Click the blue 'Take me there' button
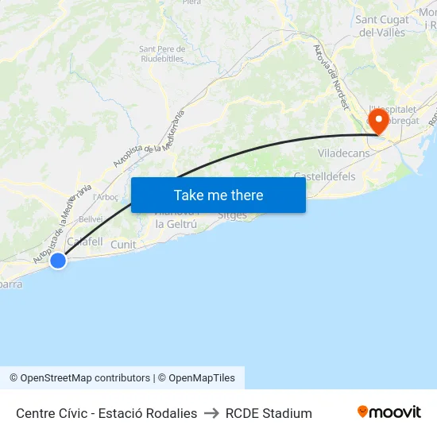tap(218, 195)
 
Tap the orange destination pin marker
tap(378, 122)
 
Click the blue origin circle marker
tap(57, 260)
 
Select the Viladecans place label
tap(342, 153)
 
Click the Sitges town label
tap(232, 216)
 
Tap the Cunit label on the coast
tap(123, 245)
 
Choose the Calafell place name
tap(85, 242)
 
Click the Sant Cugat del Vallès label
tap(382, 26)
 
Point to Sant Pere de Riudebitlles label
tap(162, 53)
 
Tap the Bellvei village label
tap(90, 218)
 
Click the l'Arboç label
tap(106, 197)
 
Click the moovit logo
tap(389, 412)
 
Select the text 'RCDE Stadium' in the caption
tap(269, 413)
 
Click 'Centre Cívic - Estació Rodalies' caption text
tap(106, 413)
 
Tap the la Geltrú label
tap(176, 224)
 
